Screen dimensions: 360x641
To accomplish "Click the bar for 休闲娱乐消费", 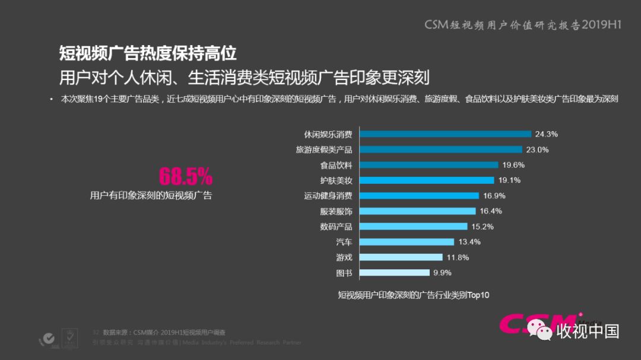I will point(446,134).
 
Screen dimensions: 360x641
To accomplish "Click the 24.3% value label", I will point(546,134).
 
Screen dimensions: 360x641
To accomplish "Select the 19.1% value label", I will point(509,180).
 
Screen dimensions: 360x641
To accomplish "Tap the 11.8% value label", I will point(458,257).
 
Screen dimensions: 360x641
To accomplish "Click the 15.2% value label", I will point(482,227).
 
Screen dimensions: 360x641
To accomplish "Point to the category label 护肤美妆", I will point(336,180).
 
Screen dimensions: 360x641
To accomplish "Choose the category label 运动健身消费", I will point(328,196).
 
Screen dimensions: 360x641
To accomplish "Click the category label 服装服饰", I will point(336,211).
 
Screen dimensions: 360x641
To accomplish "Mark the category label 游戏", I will point(344,257).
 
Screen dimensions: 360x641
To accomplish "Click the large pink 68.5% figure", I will point(185,176).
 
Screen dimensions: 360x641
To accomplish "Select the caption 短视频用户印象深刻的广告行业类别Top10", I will point(414,295).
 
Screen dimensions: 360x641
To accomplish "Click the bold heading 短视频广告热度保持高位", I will point(148,53).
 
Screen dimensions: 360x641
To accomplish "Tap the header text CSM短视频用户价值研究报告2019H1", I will point(522,25).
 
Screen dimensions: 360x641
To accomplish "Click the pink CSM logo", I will point(537,324).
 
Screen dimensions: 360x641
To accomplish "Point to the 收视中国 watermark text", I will point(588,331).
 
